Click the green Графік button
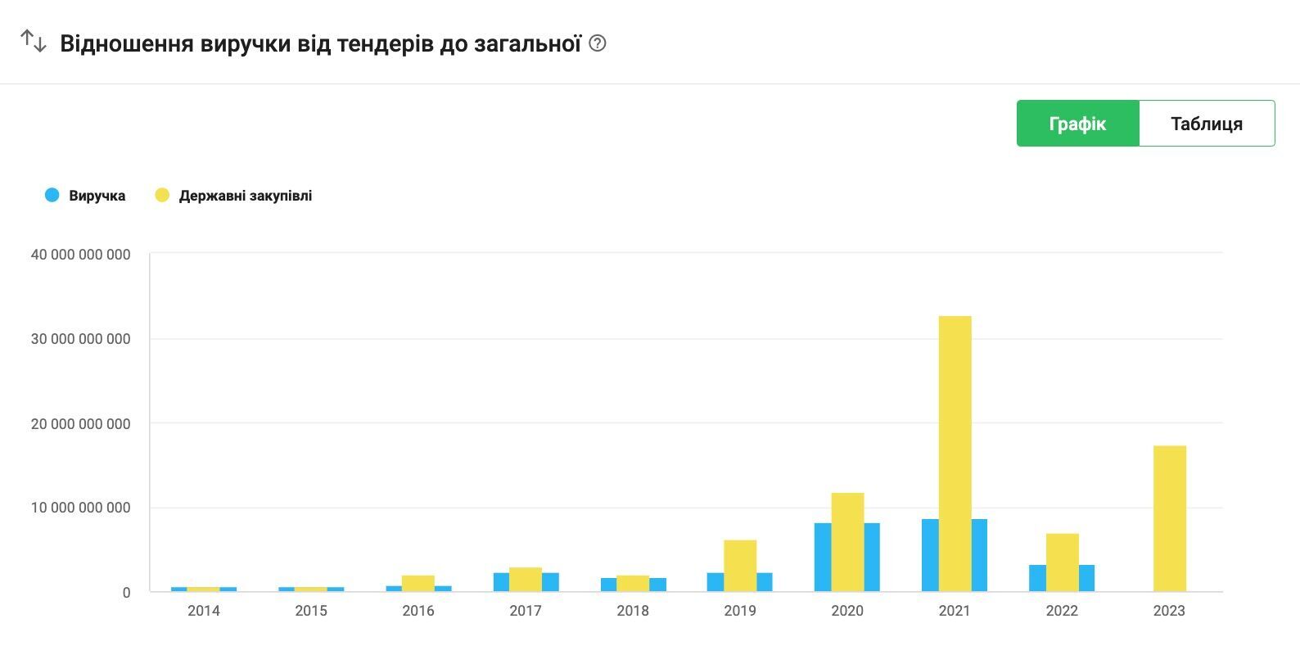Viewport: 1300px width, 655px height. coord(1077,124)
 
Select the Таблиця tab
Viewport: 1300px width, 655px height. coord(1206,124)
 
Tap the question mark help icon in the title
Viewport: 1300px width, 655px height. coord(598,43)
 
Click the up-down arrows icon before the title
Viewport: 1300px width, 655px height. coord(34,41)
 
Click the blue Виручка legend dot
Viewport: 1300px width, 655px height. coord(52,195)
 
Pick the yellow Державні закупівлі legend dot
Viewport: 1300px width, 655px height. coord(162,195)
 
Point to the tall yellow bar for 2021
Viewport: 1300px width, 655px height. coord(955,454)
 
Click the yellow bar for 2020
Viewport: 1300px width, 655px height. coord(847,542)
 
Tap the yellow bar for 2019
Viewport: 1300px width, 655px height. coord(740,566)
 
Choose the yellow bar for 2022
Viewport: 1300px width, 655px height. coord(1062,562)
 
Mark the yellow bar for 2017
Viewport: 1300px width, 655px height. coord(526,580)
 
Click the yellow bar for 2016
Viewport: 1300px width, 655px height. coord(418,583)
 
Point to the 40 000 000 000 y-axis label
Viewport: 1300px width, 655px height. coord(80,255)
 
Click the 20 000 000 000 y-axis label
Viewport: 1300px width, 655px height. coord(80,424)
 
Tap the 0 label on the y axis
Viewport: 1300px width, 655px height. coord(126,593)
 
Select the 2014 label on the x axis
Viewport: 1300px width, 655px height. coord(203,611)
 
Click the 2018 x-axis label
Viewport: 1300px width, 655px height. coord(633,611)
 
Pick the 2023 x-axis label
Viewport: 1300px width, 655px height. coord(1169,611)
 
